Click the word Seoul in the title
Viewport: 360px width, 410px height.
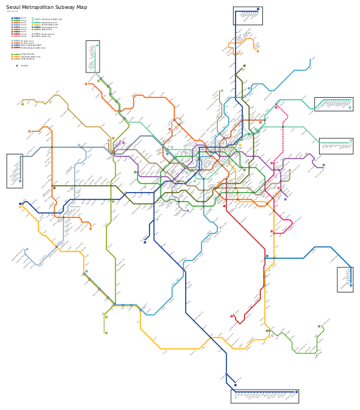[12, 7]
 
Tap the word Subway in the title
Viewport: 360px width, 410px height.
[65, 7]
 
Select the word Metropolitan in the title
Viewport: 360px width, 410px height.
[38, 7]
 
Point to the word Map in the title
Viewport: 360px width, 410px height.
[82, 7]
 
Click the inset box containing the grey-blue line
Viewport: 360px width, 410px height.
[14, 171]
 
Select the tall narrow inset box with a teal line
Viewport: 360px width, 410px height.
[93, 56]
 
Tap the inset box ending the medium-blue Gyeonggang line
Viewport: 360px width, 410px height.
[345, 279]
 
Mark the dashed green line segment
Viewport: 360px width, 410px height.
[106, 321]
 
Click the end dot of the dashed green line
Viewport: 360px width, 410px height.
[106, 333]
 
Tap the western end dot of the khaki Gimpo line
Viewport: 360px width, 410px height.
[23, 104]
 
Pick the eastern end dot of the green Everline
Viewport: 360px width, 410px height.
[319, 326]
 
